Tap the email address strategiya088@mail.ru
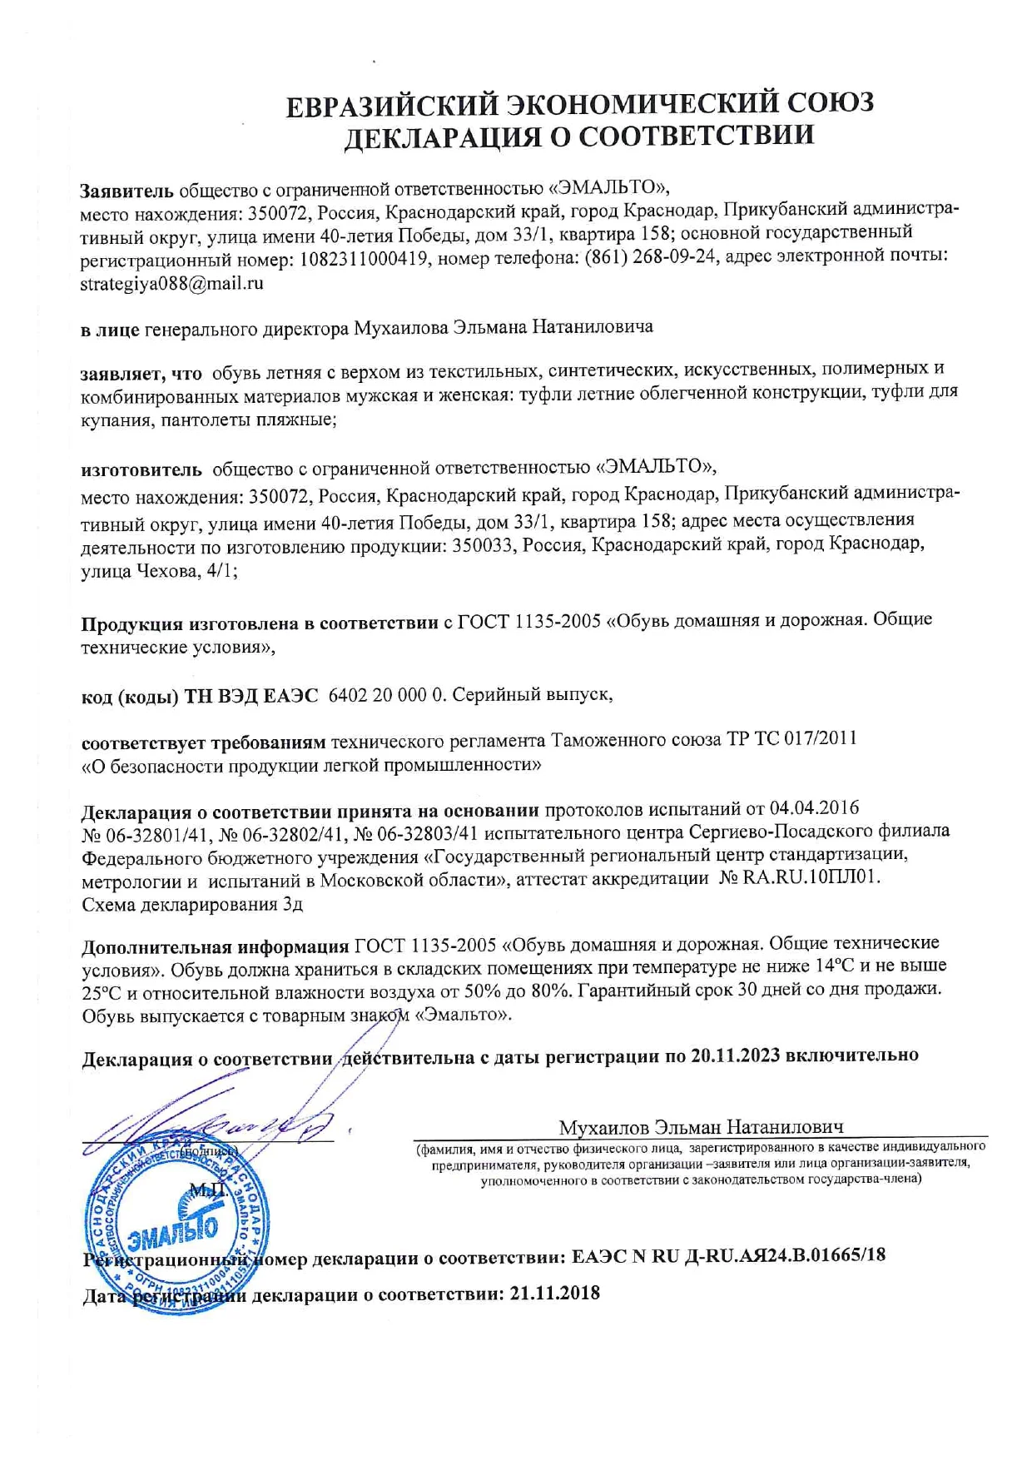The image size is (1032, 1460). coord(171,283)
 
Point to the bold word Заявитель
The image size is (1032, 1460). coord(127,190)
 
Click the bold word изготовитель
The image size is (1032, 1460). coord(141,469)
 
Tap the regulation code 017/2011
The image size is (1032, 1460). coord(820,738)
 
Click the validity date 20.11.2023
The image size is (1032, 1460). coord(735,1055)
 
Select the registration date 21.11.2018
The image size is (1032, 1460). coord(553,1294)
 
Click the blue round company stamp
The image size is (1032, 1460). coord(176,1225)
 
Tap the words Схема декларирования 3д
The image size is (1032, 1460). coord(191,904)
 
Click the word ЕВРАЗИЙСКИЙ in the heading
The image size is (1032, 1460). coord(392,106)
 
